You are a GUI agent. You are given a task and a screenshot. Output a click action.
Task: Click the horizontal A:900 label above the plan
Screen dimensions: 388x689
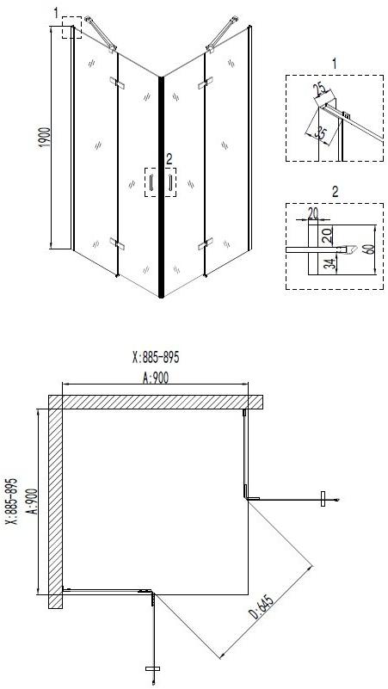click(x=156, y=378)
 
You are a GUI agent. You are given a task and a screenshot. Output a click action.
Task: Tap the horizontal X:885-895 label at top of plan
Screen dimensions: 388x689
click(x=156, y=358)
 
